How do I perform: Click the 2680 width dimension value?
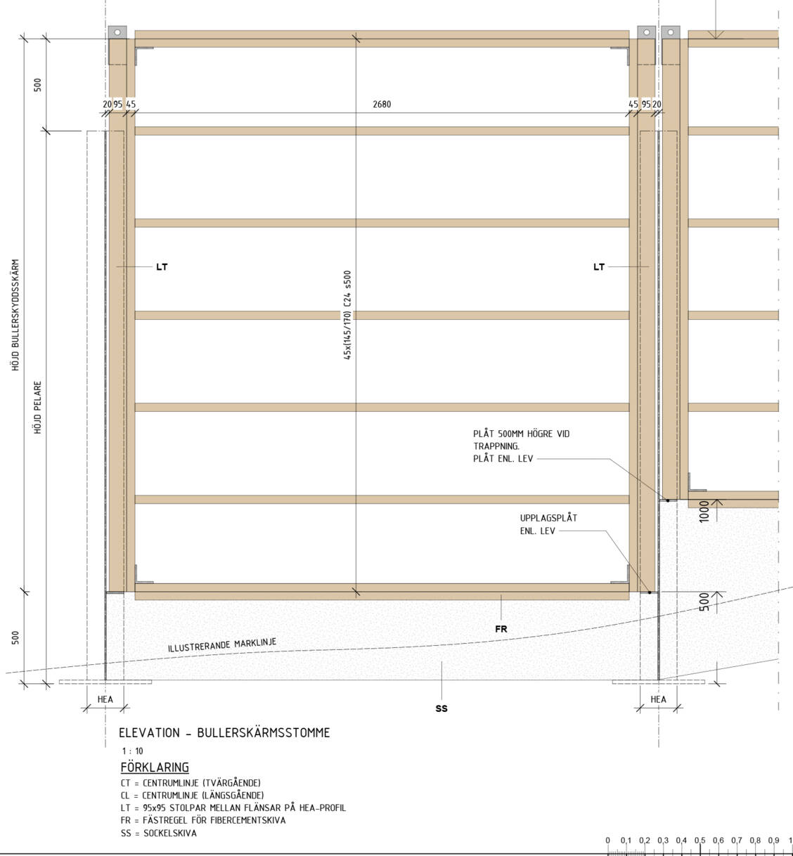[x=382, y=104]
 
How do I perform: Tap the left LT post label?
[x=162, y=267]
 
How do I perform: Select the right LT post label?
[x=599, y=267]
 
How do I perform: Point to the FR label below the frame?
[x=501, y=629]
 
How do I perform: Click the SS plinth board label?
[x=441, y=708]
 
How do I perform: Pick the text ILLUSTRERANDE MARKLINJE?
[x=222, y=644]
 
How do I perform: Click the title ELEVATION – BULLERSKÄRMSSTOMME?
[x=224, y=732]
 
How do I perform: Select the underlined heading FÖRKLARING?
[x=155, y=767]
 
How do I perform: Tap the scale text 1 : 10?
[x=132, y=751]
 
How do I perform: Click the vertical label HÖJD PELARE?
[x=38, y=408]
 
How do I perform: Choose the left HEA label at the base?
[x=105, y=699]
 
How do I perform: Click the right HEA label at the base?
[x=658, y=699]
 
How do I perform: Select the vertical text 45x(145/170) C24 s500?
[x=347, y=315]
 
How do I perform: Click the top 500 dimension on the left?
[x=38, y=84]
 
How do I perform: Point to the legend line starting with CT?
[x=191, y=782]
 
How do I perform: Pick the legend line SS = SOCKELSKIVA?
[x=159, y=833]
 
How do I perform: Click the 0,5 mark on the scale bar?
[x=700, y=841]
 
